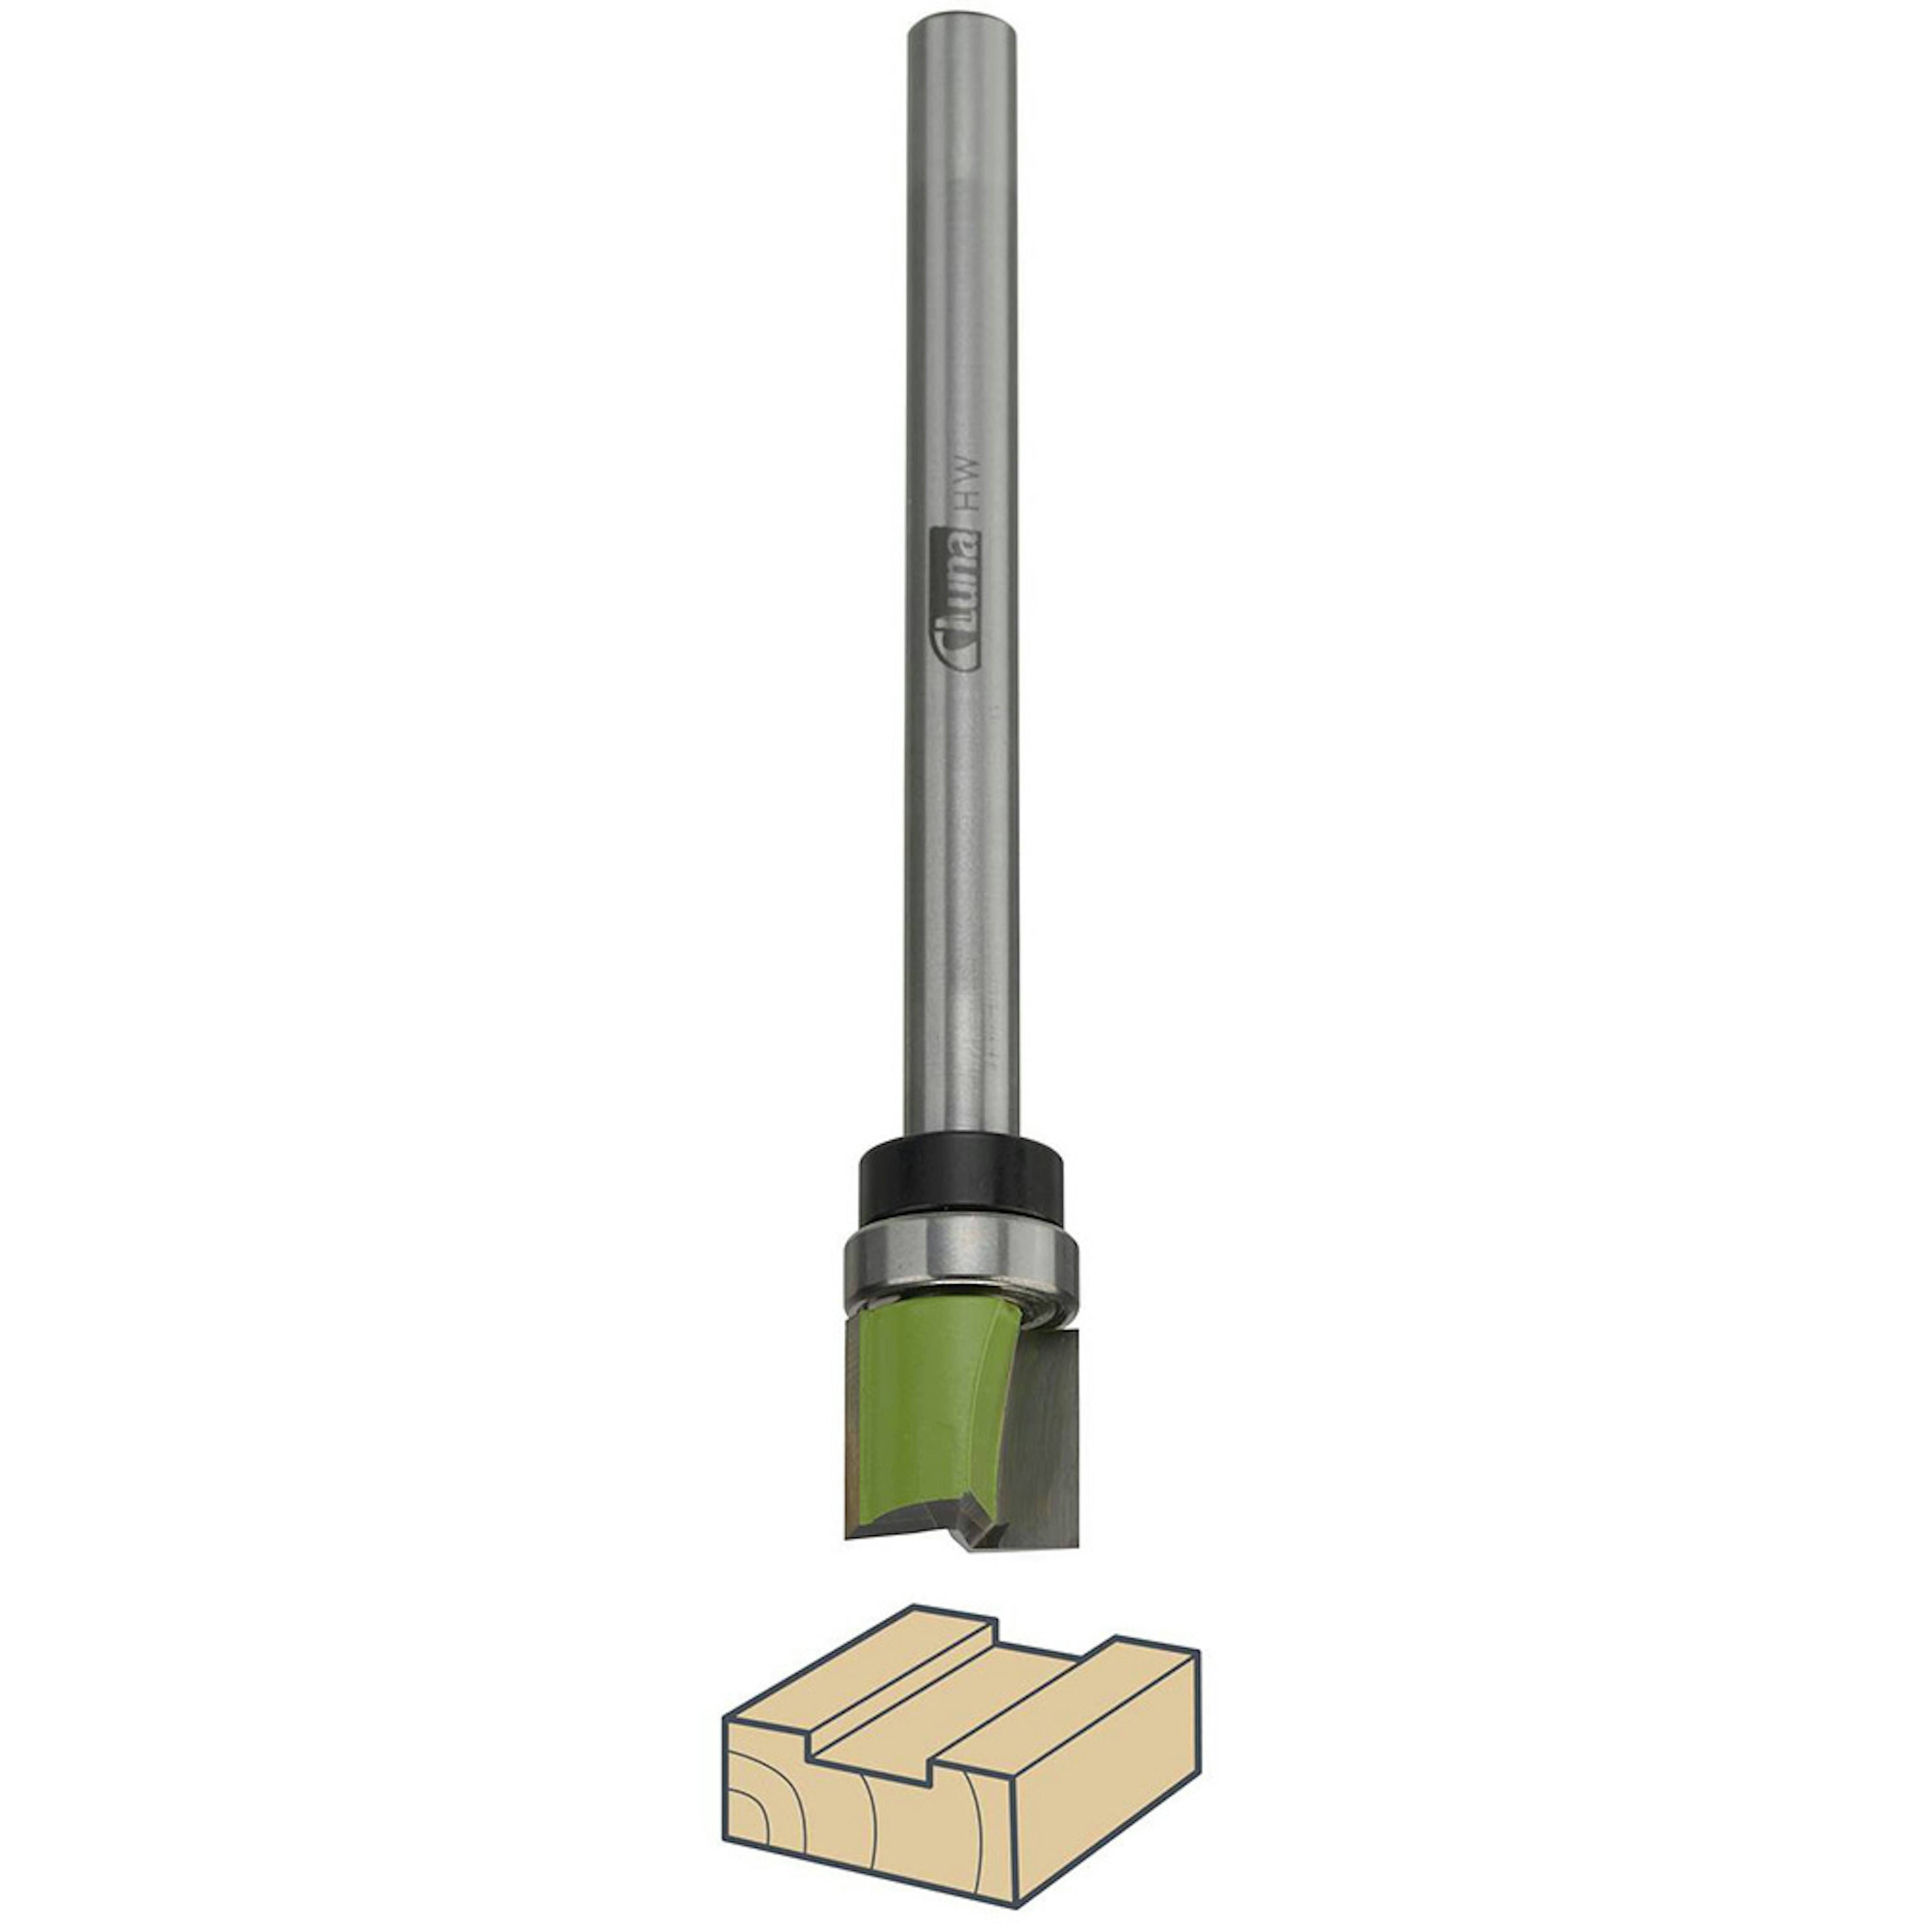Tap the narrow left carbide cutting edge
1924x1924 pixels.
pyautogui.click(x=854, y=1434)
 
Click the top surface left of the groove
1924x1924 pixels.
pyautogui.click(x=856, y=1683)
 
